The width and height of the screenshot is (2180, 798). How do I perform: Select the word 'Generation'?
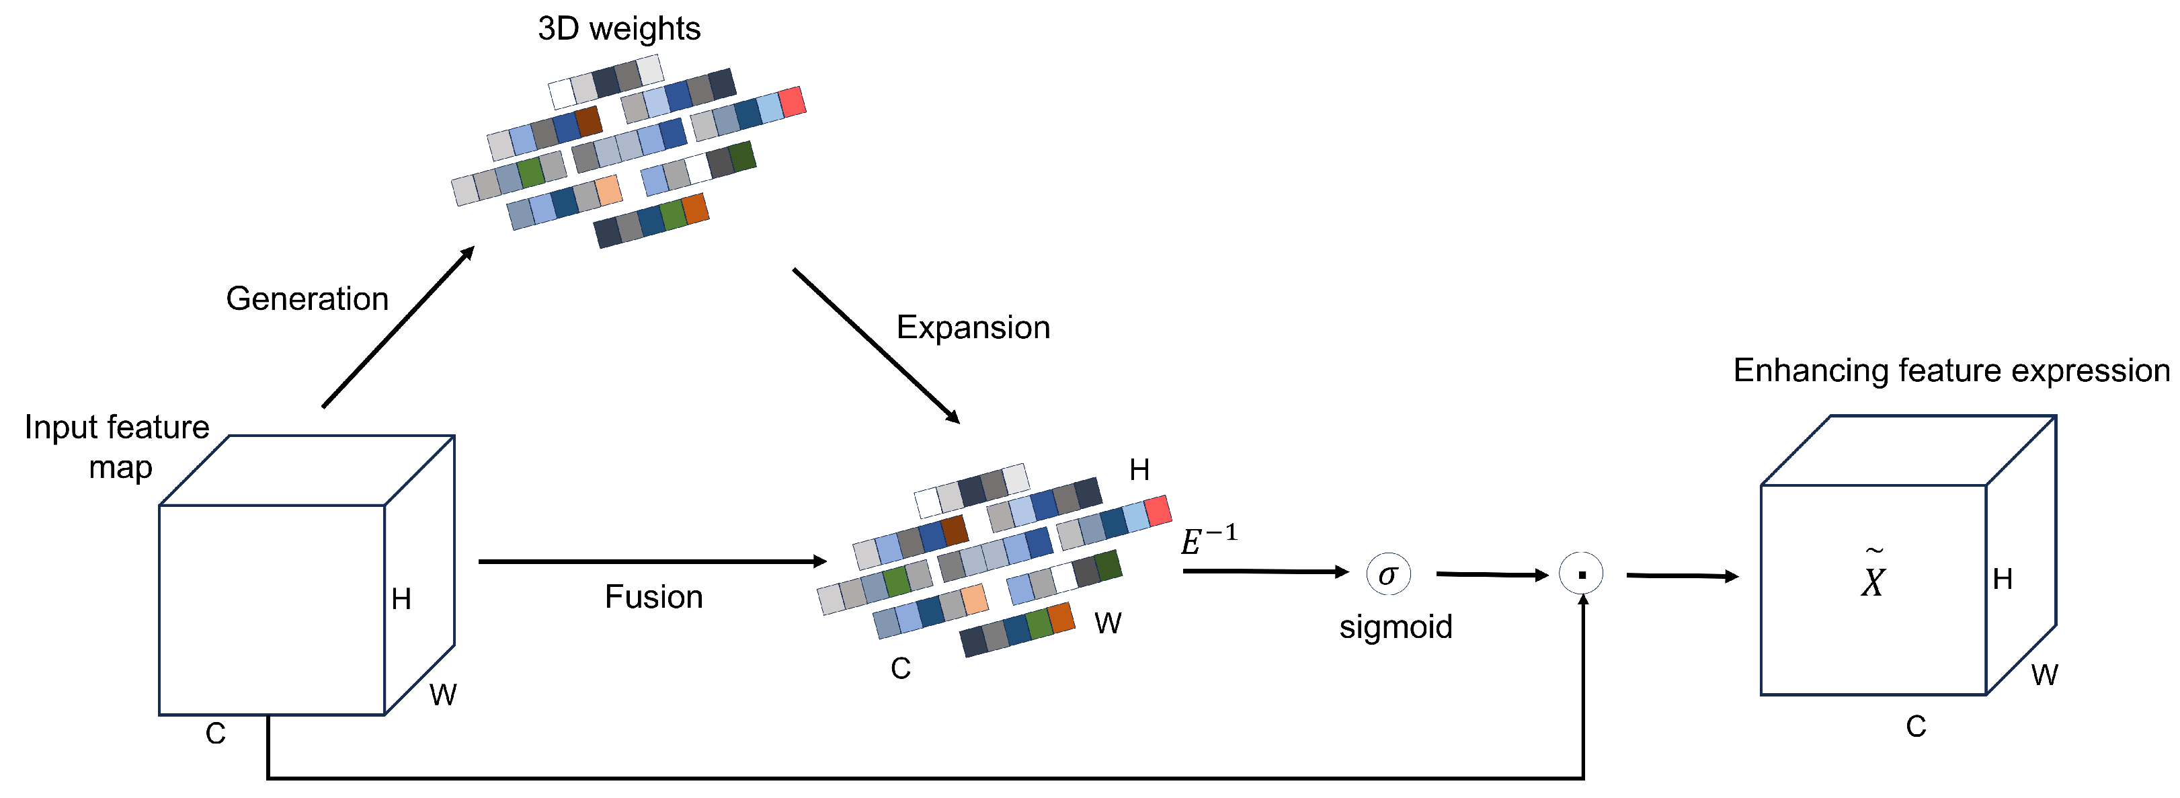point(307,298)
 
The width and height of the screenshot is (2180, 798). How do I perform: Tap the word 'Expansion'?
point(973,327)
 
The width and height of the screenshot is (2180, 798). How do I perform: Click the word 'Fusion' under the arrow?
point(653,596)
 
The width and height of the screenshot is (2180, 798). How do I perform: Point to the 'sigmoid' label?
point(1396,626)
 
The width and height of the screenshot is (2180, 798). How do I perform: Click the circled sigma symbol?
point(1388,575)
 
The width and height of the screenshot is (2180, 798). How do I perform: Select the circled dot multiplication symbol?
point(1581,575)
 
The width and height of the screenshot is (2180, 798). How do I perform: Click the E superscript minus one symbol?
point(1207,540)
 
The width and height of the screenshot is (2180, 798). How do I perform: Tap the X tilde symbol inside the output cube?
point(1873,575)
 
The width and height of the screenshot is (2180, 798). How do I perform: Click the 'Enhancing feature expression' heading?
point(1951,370)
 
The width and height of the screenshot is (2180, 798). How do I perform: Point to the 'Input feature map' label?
point(117,446)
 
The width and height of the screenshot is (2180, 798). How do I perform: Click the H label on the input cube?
point(401,599)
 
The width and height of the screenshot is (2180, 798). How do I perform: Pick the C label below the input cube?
point(215,733)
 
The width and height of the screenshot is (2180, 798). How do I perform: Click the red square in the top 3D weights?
point(792,102)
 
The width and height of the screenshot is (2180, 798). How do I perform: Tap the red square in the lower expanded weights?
point(1157,511)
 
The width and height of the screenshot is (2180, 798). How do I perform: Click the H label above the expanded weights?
point(1139,470)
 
